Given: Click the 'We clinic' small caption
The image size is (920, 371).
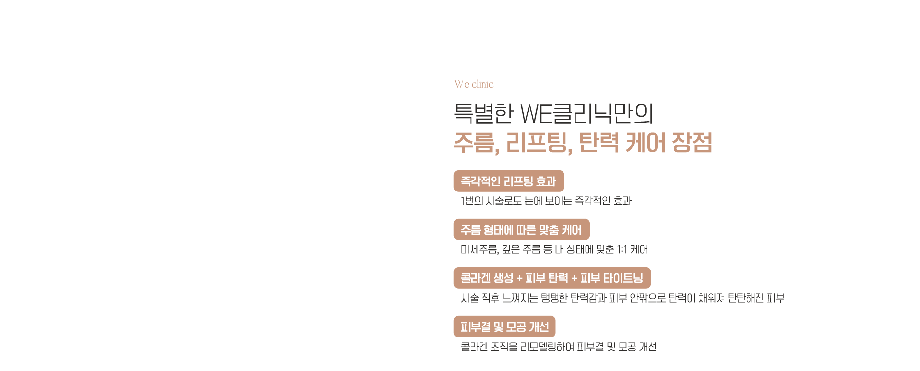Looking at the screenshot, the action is point(473,84).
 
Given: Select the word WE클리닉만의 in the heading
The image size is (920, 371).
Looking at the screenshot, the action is point(587,113).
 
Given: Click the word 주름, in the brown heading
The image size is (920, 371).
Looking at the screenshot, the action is point(477,143).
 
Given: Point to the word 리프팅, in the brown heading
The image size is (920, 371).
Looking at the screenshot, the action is point(540,143).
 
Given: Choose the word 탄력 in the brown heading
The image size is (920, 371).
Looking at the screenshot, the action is point(599,142).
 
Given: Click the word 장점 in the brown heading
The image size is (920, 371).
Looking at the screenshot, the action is point(692,142).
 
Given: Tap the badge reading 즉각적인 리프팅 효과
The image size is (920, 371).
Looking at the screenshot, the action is point(509,181).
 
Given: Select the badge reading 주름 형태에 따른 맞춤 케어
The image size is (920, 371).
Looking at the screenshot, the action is point(522,230).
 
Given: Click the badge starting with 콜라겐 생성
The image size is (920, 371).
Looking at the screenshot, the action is point(552,278).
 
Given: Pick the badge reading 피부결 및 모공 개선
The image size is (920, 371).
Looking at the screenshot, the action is point(505,327).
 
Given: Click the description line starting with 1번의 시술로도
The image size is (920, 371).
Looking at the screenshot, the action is point(546,201).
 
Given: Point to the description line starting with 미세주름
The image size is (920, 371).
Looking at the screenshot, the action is point(554,249).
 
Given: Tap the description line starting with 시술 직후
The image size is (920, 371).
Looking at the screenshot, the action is point(623,298).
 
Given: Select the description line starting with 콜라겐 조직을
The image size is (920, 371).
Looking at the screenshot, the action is point(559,347).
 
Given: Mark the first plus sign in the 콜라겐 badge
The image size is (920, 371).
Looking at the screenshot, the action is point(519,279).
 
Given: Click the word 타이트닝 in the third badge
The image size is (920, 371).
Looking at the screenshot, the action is point(623,278).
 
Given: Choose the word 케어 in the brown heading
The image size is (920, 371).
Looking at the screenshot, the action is point(645,142).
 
